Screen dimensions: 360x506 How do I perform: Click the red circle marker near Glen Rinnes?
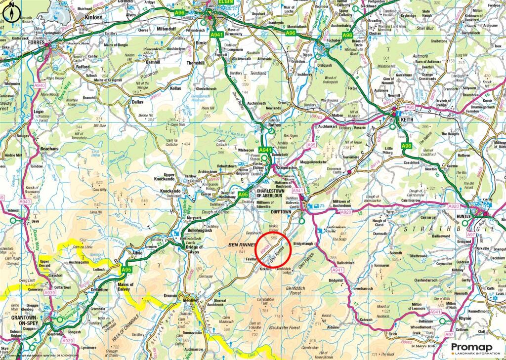point(275,249)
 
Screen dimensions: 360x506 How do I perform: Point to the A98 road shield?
point(348,36)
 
